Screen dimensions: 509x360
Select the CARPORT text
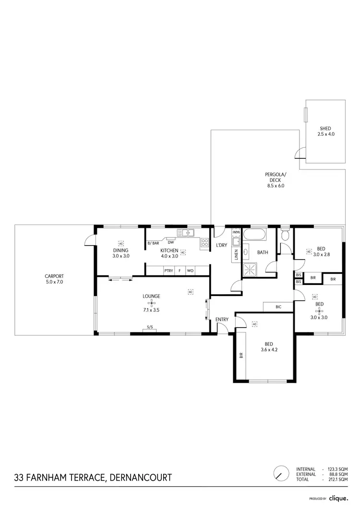pos(54,276)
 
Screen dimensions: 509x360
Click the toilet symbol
pos(286,235)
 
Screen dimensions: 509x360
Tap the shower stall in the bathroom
pos(250,270)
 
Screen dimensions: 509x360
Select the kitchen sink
pos(185,233)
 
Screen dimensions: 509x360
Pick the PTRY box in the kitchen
pos(168,271)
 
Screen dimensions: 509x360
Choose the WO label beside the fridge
pos(190,271)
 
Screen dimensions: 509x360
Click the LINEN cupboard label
pos(236,255)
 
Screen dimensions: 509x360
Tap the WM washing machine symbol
pos(236,233)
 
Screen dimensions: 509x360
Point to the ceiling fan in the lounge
pos(151,303)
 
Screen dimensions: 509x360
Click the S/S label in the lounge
pos(150,328)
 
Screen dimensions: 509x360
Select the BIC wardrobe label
pos(278,307)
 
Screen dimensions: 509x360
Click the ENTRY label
pos(222,320)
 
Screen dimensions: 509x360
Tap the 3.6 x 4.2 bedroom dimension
pos(269,350)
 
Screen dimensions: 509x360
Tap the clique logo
pos(339,498)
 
